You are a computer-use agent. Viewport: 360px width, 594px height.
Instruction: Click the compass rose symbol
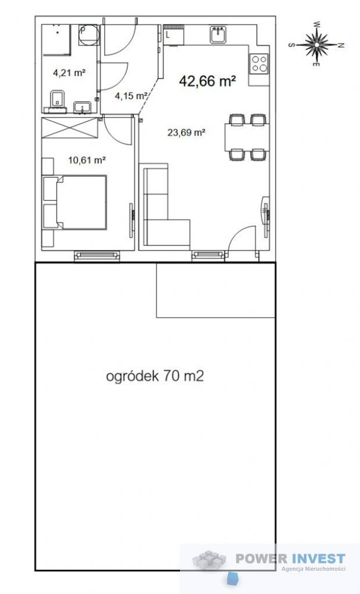point(318,43)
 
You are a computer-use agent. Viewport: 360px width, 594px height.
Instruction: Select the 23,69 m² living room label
point(186,133)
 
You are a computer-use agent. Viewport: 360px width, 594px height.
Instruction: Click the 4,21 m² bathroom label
point(69,73)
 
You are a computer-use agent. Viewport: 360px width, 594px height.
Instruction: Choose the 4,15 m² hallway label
point(131,95)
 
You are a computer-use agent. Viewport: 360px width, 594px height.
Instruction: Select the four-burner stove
point(259,62)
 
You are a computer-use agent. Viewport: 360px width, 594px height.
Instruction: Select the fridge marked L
point(173,34)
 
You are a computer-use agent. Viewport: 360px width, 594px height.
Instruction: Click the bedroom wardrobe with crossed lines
point(68,128)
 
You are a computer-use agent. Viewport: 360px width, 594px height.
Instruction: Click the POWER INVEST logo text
point(290,558)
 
